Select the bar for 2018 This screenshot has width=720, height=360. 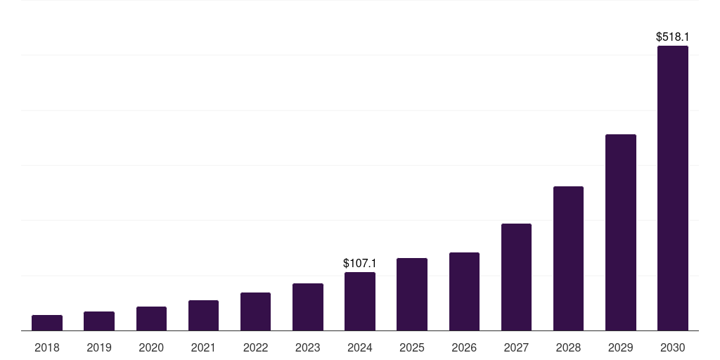click(x=47, y=323)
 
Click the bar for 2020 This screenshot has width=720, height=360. click(x=151, y=319)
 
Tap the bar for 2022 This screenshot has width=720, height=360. click(x=255, y=311)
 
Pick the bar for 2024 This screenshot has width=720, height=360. click(x=360, y=302)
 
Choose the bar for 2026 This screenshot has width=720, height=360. click(x=464, y=292)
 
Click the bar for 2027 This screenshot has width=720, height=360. click(x=516, y=277)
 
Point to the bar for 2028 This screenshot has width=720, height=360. click(x=568, y=259)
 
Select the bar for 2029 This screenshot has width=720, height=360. click(x=620, y=233)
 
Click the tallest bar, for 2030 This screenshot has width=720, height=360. click(x=673, y=188)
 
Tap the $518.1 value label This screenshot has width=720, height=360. click(x=672, y=37)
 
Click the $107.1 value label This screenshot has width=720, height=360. click(x=360, y=263)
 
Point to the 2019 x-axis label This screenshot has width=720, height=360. click(x=99, y=347)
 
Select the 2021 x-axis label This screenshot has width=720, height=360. click(x=203, y=347)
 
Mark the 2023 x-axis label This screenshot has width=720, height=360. click(x=308, y=347)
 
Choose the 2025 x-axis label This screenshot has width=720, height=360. click(x=412, y=347)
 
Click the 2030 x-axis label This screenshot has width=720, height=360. click(x=673, y=347)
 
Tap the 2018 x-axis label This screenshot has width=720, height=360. click(x=47, y=347)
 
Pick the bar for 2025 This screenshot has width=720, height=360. click(x=412, y=295)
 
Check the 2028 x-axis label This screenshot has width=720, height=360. click(x=568, y=347)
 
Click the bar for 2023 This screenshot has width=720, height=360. click(x=308, y=307)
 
